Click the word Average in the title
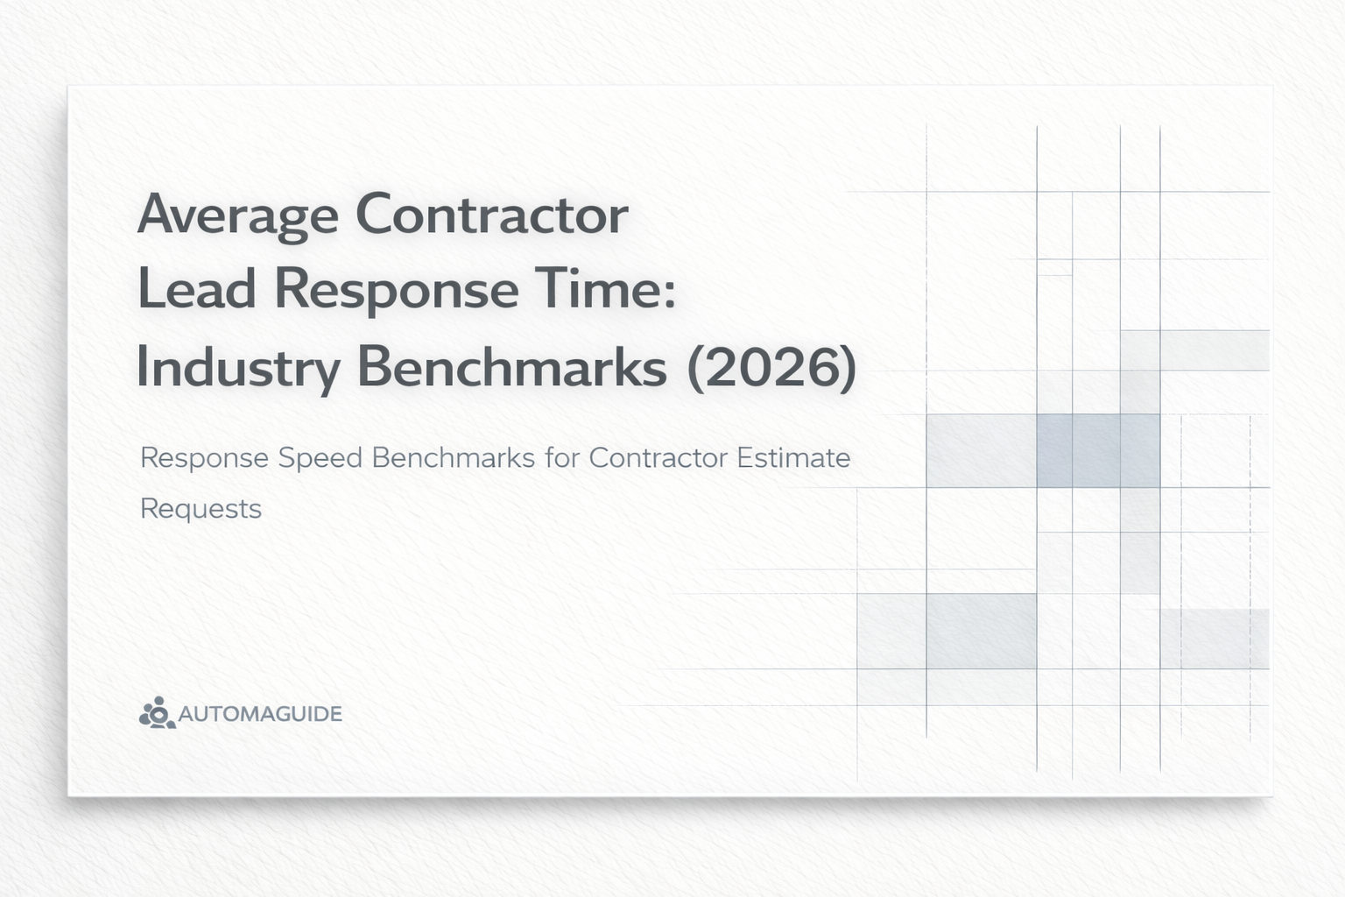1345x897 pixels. click(237, 215)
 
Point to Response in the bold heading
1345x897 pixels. click(397, 291)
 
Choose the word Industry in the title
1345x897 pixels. click(237, 368)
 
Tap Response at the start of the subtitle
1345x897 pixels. click(204, 458)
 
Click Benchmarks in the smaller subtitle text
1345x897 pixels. click(453, 458)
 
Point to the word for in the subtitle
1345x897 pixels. click(561, 458)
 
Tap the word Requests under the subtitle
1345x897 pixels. click(201, 509)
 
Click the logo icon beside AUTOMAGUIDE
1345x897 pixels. click(157, 713)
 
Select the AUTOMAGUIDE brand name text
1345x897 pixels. click(260, 714)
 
